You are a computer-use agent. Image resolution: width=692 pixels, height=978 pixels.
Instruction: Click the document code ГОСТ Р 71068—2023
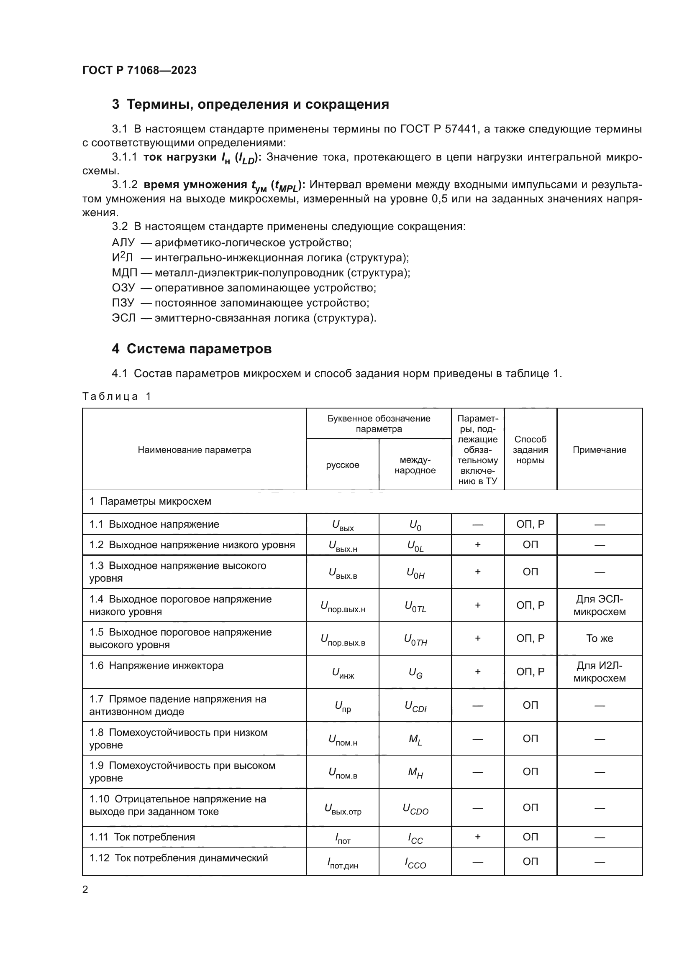[139, 70]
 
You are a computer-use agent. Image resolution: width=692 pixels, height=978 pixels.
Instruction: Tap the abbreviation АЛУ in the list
[123, 243]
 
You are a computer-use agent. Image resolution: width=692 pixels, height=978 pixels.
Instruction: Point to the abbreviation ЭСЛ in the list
[123, 318]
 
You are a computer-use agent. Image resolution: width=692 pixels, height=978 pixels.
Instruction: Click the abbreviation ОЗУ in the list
[123, 288]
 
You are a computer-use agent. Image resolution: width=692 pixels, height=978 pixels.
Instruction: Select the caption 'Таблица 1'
[117, 396]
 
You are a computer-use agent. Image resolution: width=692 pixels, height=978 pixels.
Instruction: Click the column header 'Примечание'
[599, 450]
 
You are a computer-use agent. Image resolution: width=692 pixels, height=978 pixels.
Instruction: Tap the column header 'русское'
[343, 465]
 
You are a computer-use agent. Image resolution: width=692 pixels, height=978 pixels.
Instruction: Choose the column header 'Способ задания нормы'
[530, 450]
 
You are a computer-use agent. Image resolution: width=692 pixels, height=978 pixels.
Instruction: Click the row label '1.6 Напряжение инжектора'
[156, 666]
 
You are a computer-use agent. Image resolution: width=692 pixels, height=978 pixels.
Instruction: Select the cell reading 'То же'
[599, 638]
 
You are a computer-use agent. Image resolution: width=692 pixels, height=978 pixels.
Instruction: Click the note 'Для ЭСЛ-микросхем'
[599, 605]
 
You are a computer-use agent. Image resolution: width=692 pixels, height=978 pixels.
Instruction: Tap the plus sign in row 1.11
[478, 837]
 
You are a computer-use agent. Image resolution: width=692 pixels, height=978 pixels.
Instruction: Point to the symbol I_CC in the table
[415, 838]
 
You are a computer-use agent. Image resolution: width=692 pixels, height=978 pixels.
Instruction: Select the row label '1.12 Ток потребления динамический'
[179, 858]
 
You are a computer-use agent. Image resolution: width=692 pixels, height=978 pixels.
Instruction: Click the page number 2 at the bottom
[85, 889]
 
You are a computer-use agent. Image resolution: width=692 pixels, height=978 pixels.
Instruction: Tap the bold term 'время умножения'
[195, 185]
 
